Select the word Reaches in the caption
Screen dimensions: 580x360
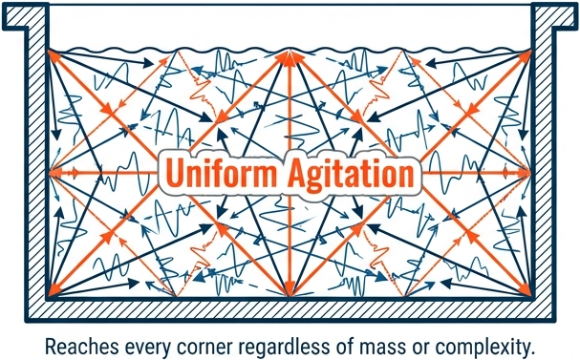coord(82,347)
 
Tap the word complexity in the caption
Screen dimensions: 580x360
coord(483,348)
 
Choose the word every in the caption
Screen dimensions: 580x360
coord(148,349)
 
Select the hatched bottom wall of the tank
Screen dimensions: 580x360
coord(290,309)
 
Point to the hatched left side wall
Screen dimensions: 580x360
coord(36,162)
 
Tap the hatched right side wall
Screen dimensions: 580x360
coord(543,162)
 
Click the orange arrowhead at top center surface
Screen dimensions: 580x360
coord(290,57)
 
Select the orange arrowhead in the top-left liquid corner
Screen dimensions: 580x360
coord(54,56)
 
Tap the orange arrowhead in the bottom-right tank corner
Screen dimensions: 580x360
coord(526,290)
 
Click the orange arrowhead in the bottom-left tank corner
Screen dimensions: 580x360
coord(54,290)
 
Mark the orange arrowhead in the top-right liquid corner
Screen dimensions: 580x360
coord(526,56)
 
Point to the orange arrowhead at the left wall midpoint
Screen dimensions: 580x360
coord(54,173)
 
